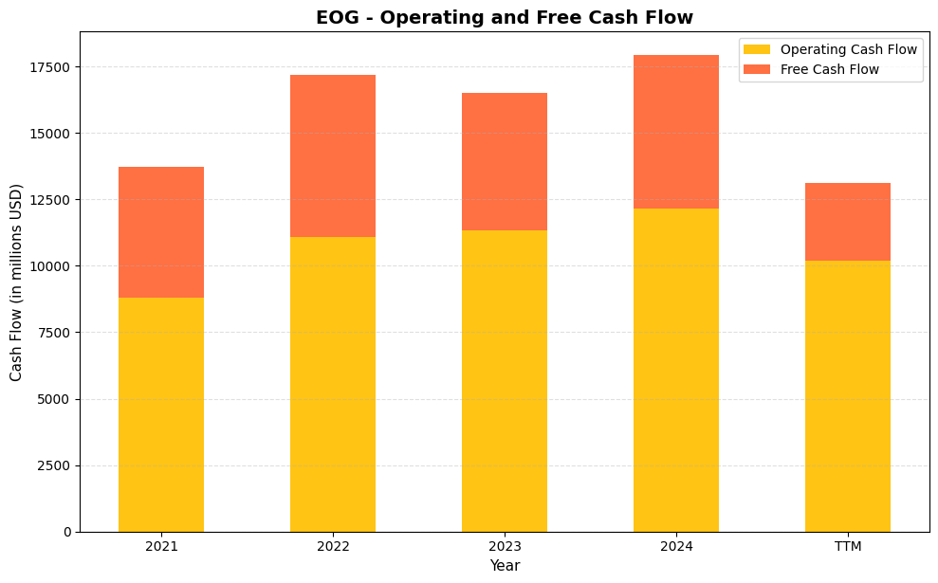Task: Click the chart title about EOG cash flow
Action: click(x=504, y=17)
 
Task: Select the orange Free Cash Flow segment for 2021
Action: click(x=161, y=232)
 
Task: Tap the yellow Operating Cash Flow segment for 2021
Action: click(x=161, y=414)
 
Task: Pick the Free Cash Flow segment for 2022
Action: click(x=333, y=155)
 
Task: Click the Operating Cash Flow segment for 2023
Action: click(x=505, y=380)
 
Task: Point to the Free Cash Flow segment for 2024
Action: click(x=676, y=132)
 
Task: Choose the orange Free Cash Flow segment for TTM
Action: click(x=848, y=222)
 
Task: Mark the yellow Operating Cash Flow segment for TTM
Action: click(x=848, y=395)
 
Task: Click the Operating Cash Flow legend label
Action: click(x=849, y=49)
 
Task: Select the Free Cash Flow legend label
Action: click(x=830, y=69)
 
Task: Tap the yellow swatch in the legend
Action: click(x=757, y=49)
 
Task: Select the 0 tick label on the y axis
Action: click(x=67, y=532)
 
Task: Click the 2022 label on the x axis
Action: click(x=333, y=547)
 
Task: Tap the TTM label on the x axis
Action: click(x=848, y=547)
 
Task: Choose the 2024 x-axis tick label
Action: click(x=676, y=547)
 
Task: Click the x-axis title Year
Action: click(x=505, y=566)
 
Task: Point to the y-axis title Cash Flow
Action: click(x=17, y=282)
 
